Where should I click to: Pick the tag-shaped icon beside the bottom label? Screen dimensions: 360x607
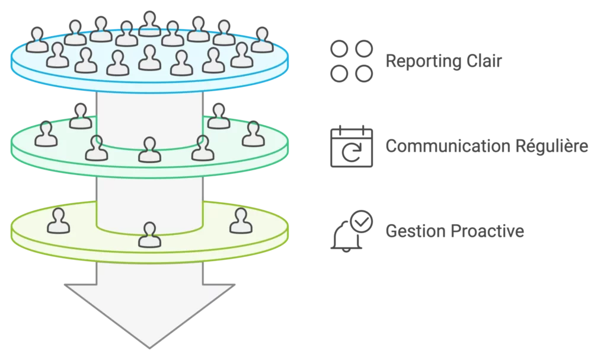click(350, 231)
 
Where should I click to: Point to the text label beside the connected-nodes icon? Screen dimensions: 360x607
click(443, 62)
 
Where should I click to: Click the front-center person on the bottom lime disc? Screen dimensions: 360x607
click(149, 235)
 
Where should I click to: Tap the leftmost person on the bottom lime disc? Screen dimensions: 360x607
click(58, 221)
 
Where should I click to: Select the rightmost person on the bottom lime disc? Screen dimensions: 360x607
click(241, 221)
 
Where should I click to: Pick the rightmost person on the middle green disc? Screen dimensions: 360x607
click(252, 133)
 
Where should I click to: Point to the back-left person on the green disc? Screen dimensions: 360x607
click(81, 116)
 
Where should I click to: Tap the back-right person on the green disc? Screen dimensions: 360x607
click(219, 116)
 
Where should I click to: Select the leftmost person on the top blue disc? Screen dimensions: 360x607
click(37, 40)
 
